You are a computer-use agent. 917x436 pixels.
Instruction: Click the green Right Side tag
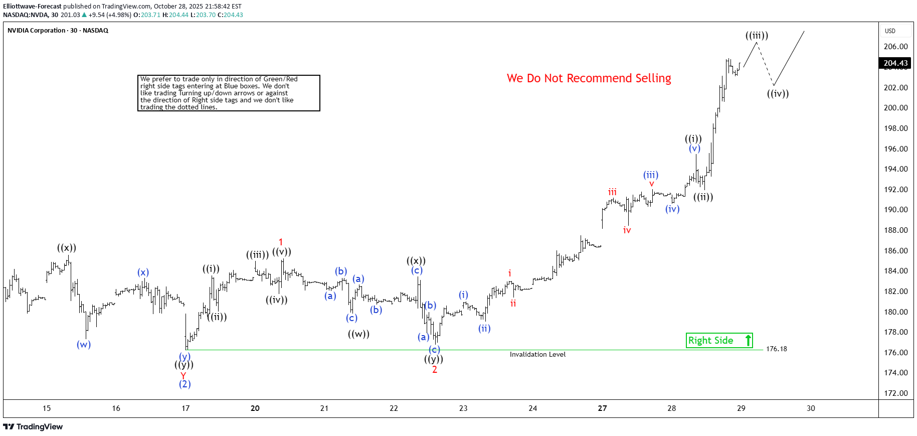pos(719,341)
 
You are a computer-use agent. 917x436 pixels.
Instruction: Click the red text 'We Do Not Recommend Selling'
pos(589,78)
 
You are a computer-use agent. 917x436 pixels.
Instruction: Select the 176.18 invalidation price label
pos(776,349)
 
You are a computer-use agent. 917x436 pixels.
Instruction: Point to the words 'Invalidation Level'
pos(537,355)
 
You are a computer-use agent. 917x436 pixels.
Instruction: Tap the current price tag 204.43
pos(895,63)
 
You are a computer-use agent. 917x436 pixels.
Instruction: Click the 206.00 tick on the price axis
pos(895,47)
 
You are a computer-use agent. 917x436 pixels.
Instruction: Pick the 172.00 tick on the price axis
pos(895,393)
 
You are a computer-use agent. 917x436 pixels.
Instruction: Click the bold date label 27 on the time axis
pos(602,408)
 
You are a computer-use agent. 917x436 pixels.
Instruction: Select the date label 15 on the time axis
pos(47,408)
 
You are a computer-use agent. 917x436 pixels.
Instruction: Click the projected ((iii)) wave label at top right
pos(757,36)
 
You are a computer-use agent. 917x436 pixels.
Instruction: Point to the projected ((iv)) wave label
pos(778,94)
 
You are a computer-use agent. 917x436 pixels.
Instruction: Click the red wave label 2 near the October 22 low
pos(435,370)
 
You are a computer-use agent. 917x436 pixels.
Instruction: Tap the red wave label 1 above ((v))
pos(281,242)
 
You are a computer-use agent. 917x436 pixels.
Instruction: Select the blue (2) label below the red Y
pos(185,384)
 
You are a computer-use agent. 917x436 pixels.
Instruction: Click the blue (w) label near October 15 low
pos(84,345)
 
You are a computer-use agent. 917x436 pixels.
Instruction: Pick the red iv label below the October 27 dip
pos(627,230)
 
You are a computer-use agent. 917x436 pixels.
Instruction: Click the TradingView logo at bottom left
pos(33,427)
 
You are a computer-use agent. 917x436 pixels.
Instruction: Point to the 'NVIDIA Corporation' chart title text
pos(36,31)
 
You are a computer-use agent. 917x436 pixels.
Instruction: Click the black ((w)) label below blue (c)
pos(358,334)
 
